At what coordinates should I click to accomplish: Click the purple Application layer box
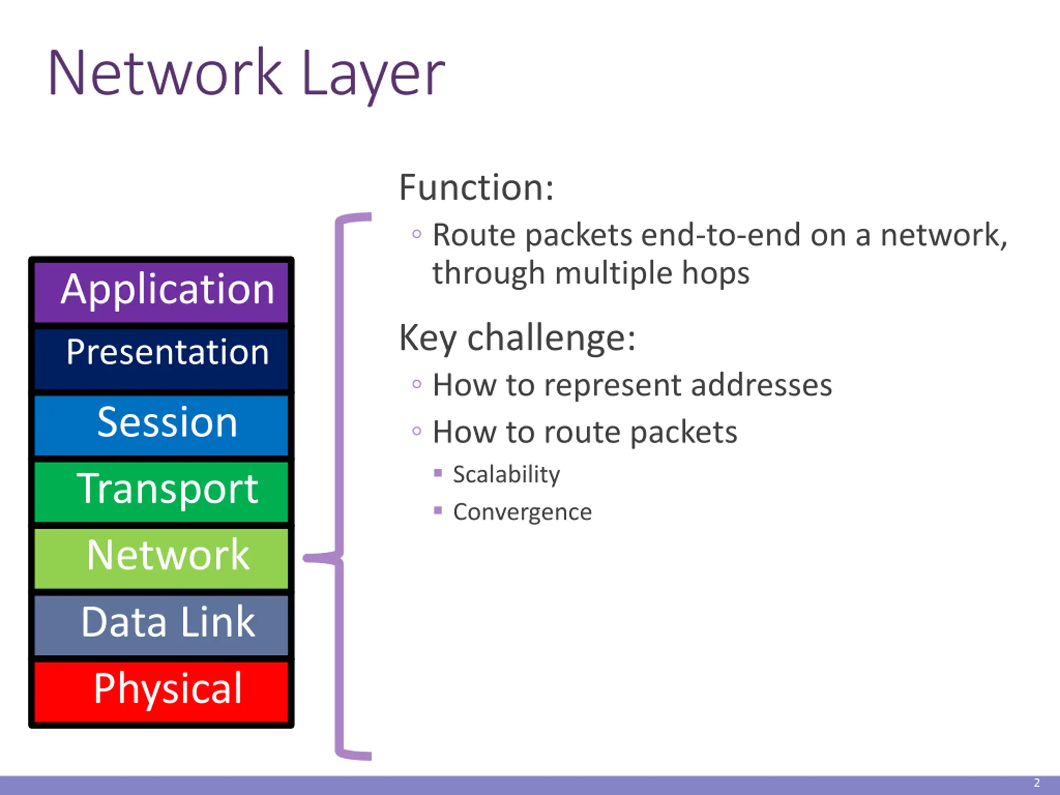[161, 291]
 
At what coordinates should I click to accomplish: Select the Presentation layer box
[161, 358]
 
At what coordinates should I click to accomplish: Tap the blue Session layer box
[161, 424]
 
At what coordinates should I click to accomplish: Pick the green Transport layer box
[161, 491]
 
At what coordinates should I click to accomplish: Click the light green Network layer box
[161, 558]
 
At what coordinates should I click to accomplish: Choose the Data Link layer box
[161, 624]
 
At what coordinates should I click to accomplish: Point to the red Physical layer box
[161, 691]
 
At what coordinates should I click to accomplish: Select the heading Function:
[476, 188]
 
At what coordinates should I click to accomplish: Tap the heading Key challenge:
[517, 338]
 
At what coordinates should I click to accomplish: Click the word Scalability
[506, 475]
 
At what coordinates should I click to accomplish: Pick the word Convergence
[522, 512]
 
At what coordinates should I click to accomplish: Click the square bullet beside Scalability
[438, 473]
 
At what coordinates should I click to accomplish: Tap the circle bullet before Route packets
[417, 234]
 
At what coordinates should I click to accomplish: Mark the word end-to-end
[721, 235]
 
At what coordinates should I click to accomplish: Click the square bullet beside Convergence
[438, 511]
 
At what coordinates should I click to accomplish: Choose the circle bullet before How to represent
[417, 384]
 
